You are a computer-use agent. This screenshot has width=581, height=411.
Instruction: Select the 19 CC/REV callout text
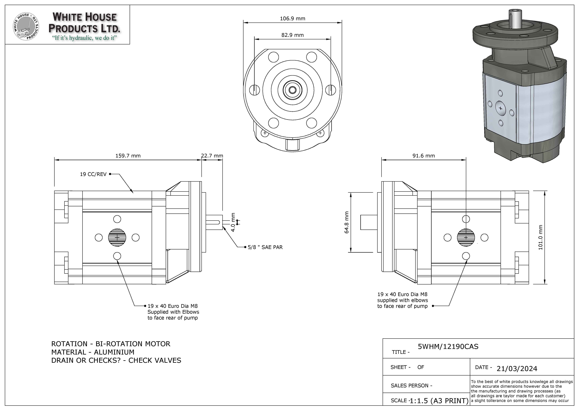[93, 174]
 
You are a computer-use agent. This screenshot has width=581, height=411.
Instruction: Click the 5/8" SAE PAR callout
[265, 247]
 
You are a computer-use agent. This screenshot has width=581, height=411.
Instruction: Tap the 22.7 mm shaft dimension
[212, 156]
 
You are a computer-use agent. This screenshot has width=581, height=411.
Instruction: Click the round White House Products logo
[26, 27]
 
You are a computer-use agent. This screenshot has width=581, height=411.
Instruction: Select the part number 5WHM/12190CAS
[448, 347]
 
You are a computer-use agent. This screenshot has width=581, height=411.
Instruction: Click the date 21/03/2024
[517, 369]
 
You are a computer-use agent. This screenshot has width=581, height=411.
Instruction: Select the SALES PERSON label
[411, 386]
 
